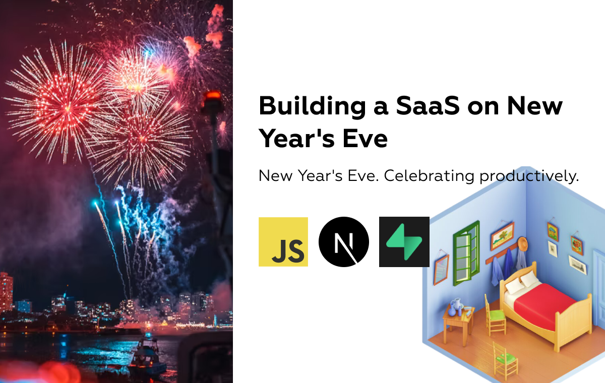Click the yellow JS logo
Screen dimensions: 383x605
tap(283, 241)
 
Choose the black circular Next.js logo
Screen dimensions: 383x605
tap(344, 241)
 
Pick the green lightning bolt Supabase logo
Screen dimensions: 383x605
tap(404, 241)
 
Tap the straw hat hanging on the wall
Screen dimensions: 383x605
tap(522, 244)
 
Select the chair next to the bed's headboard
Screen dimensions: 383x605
tap(495, 315)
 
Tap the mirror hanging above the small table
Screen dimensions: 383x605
tap(441, 269)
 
